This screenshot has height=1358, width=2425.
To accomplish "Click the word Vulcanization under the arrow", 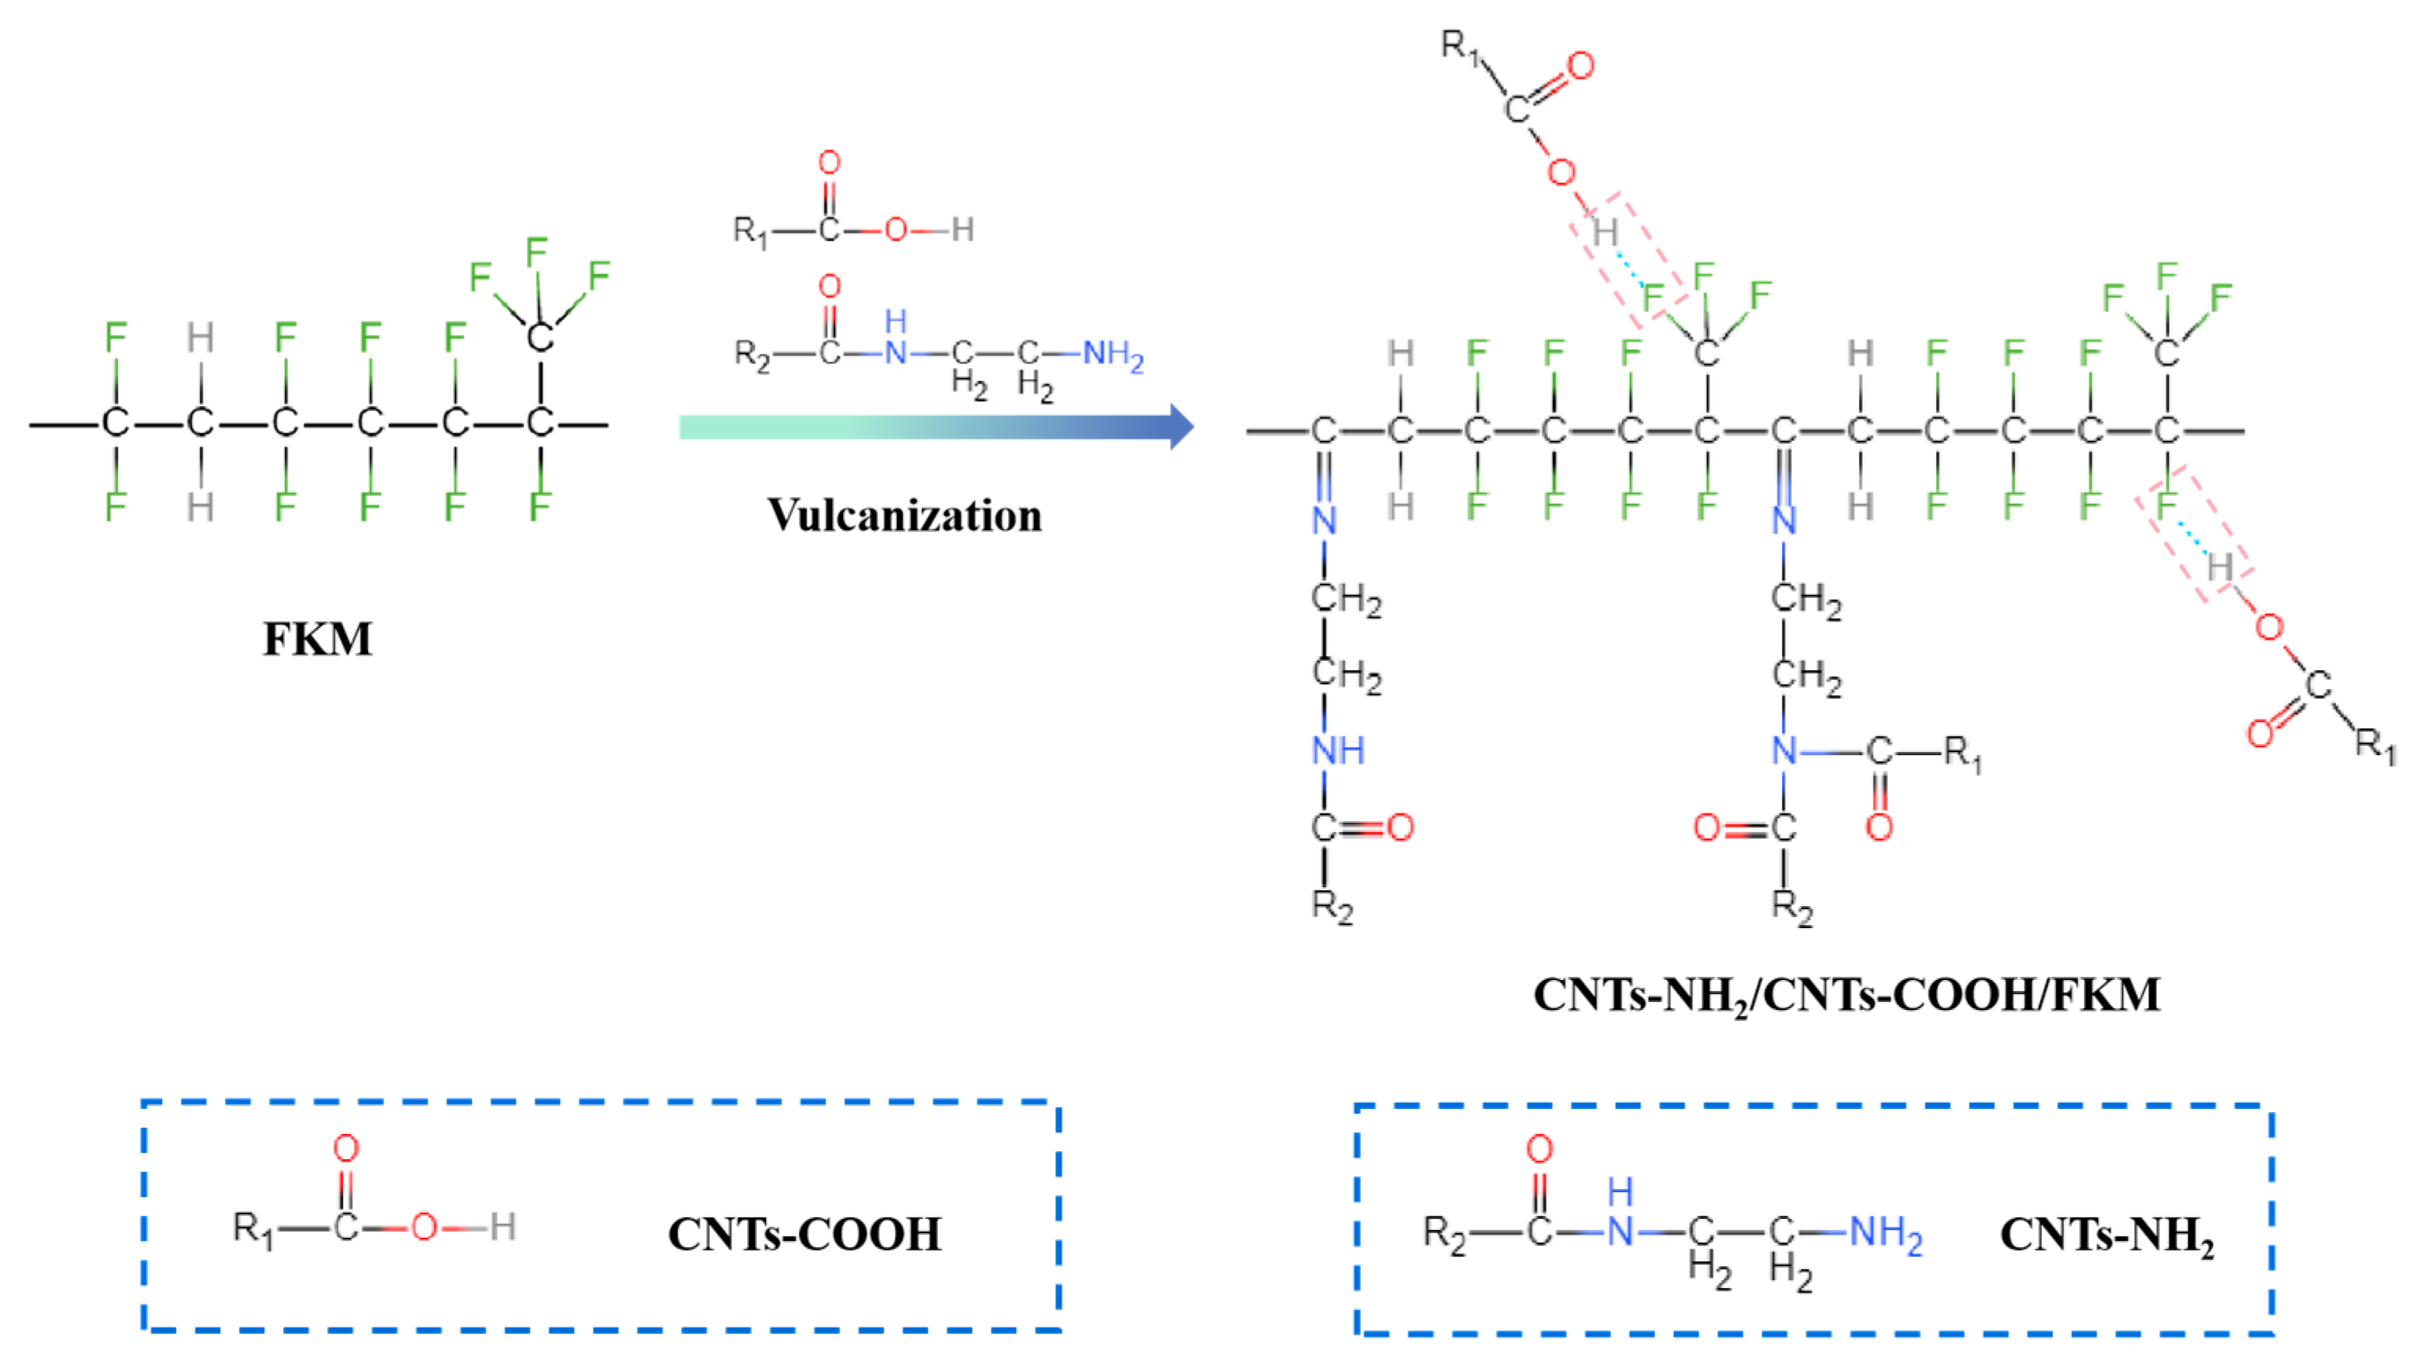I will (x=903, y=515).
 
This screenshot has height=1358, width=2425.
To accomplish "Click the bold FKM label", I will (x=317, y=639).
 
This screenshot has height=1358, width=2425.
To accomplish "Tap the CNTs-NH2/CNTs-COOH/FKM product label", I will (x=1846, y=995).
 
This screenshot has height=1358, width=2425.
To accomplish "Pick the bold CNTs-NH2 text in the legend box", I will (x=2106, y=1234).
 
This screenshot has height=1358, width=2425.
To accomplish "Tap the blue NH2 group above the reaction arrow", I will (x=1112, y=354).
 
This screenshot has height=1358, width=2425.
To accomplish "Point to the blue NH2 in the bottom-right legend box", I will (x=1885, y=1232).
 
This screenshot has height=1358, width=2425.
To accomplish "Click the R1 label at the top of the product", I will (x=1460, y=44).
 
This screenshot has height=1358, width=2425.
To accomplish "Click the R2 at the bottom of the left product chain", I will (x=1331, y=906).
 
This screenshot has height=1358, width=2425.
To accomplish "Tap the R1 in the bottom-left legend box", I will (x=252, y=1228).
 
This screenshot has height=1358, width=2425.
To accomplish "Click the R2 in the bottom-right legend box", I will (x=1443, y=1232).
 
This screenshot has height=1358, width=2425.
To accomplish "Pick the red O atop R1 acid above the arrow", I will (x=829, y=163).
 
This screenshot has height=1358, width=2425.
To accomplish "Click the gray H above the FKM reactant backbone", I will (x=200, y=337).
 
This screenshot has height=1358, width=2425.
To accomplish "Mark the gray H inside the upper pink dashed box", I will (x=1604, y=232).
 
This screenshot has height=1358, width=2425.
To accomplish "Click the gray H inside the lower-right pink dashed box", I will (x=2220, y=567).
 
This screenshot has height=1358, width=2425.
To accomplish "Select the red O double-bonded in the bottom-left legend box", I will (x=345, y=1148).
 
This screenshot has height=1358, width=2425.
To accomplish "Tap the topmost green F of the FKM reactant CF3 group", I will (x=535, y=251).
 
